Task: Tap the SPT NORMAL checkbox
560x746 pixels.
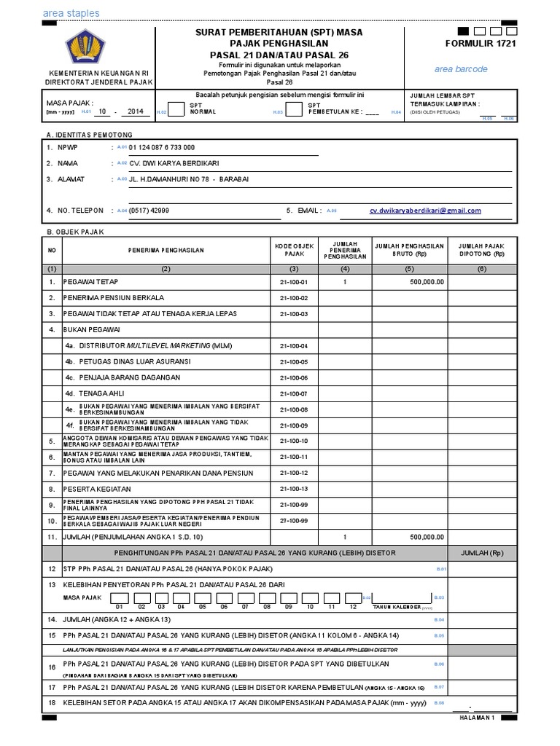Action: (175, 109)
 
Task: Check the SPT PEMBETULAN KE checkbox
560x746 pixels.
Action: (293, 109)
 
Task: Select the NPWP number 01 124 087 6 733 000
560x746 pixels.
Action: (161, 147)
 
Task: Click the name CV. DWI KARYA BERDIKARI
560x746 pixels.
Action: (174, 163)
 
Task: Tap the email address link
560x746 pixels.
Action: (425, 211)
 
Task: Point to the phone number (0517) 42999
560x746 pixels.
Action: (149, 211)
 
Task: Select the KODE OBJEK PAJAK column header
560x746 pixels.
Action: (293, 250)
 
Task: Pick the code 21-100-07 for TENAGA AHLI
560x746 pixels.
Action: (293, 393)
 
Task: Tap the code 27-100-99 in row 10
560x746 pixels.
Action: (293, 521)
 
